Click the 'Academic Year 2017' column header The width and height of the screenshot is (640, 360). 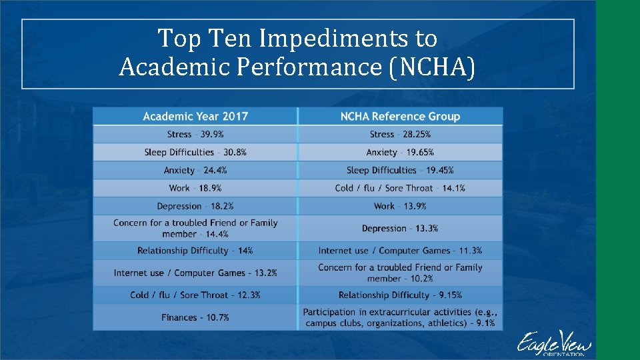[x=195, y=117]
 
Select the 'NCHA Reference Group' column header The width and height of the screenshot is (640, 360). [x=400, y=117]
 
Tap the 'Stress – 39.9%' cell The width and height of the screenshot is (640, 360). [x=195, y=135]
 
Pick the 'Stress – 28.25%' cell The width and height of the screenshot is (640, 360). [x=400, y=135]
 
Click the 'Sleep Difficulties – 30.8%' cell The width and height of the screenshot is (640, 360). [x=195, y=153]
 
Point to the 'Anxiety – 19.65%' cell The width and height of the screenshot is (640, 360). [x=400, y=153]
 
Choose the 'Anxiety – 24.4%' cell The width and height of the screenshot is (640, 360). [x=195, y=171]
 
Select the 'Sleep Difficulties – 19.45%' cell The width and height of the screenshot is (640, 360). [x=400, y=171]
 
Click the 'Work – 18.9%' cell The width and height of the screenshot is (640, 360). [x=195, y=188]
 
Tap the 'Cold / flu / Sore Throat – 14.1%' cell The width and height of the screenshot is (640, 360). [x=400, y=188]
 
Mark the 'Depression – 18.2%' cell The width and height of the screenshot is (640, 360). [x=195, y=206]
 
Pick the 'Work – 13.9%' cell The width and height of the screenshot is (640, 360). [x=400, y=206]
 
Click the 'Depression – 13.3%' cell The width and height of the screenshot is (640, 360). [x=400, y=229]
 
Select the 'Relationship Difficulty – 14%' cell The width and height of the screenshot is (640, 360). [x=195, y=251]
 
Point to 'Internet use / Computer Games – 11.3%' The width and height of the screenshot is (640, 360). [x=400, y=251]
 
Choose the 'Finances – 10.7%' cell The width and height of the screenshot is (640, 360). [x=195, y=317]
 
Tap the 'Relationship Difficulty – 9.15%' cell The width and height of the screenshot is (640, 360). [x=400, y=295]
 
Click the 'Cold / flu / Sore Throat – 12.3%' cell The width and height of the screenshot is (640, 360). [x=195, y=295]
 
